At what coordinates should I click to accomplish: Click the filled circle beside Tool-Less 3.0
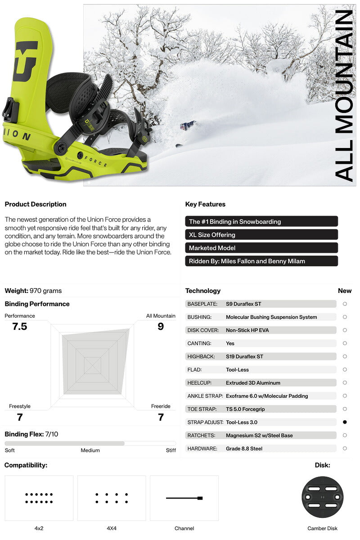point(345,422)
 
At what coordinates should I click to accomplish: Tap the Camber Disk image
point(322,498)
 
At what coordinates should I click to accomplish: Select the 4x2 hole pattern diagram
point(39,498)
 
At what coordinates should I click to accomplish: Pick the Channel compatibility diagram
point(184,498)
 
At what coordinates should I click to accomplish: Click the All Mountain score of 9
point(161,327)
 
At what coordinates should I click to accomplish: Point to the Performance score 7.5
point(20,327)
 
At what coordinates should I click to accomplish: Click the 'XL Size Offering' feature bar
point(261,234)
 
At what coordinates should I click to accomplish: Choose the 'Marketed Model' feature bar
point(261,248)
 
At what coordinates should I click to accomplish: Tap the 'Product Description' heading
point(36,204)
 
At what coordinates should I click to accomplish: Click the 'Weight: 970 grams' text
point(33,291)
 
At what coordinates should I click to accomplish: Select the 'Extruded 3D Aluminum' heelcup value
point(253,383)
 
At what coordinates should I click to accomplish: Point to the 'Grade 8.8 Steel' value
point(244,449)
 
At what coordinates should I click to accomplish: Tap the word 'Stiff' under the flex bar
point(171,450)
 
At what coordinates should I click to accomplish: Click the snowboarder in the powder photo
point(188,125)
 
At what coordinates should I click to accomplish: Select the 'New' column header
point(345,291)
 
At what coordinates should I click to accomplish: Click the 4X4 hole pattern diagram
point(112,498)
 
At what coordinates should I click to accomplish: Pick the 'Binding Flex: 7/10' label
point(31,434)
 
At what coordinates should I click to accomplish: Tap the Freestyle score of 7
point(20,418)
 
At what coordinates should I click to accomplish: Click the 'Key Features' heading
point(205,204)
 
